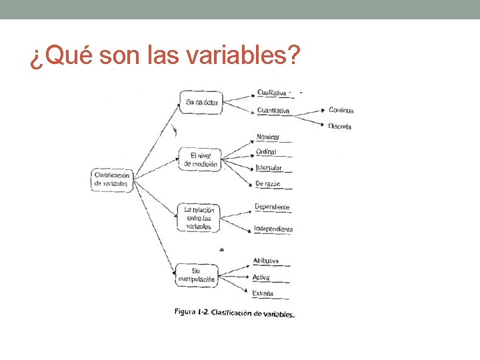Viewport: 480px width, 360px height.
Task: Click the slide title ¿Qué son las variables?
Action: click(x=163, y=58)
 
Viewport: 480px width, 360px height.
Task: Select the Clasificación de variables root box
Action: click(x=112, y=179)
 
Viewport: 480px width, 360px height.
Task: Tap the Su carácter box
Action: click(x=202, y=102)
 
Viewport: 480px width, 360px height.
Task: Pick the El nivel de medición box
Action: click(x=200, y=160)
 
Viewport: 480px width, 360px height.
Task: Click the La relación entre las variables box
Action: click(x=198, y=218)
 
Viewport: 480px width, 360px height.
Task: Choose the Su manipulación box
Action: click(x=196, y=275)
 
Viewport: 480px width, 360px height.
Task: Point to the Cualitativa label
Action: click(x=272, y=93)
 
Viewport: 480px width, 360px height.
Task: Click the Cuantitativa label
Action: click(x=273, y=111)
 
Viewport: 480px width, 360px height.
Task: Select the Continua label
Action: click(x=341, y=110)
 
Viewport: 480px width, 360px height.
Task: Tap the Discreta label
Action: click(x=339, y=126)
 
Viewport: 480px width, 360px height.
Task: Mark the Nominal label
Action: click(x=268, y=137)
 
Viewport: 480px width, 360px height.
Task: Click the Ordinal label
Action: click(x=267, y=152)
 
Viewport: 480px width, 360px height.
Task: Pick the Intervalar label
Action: click(x=269, y=168)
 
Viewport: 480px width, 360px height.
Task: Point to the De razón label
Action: click(x=268, y=183)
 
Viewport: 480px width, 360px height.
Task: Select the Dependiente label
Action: click(x=272, y=207)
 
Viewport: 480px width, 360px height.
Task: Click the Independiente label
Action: click(x=273, y=229)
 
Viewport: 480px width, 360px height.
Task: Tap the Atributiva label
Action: click(x=266, y=261)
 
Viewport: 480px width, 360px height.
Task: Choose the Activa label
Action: click(x=261, y=277)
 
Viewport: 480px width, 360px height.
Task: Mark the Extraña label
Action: click(x=263, y=293)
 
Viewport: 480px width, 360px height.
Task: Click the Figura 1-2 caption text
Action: click(x=234, y=312)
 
